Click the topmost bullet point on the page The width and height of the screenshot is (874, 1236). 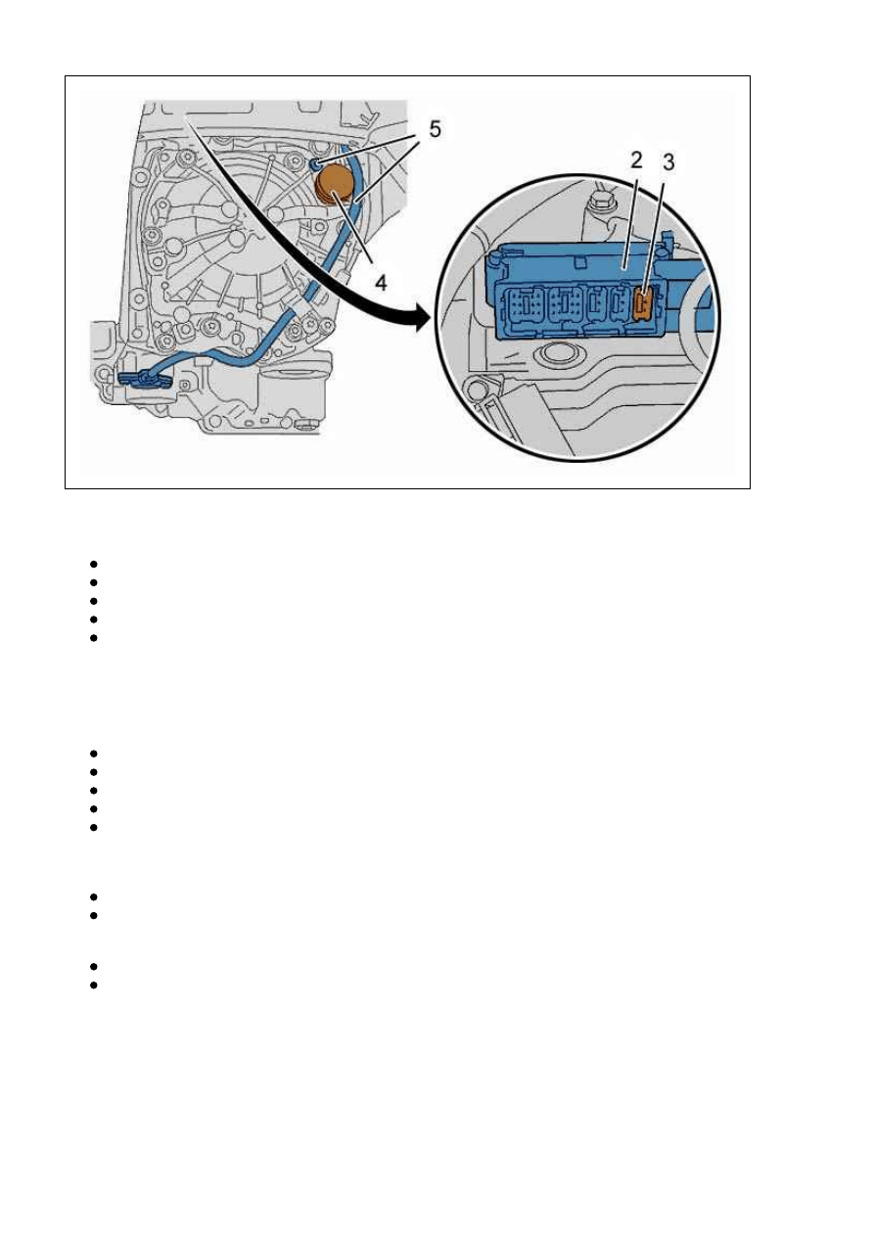(x=93, y=564)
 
